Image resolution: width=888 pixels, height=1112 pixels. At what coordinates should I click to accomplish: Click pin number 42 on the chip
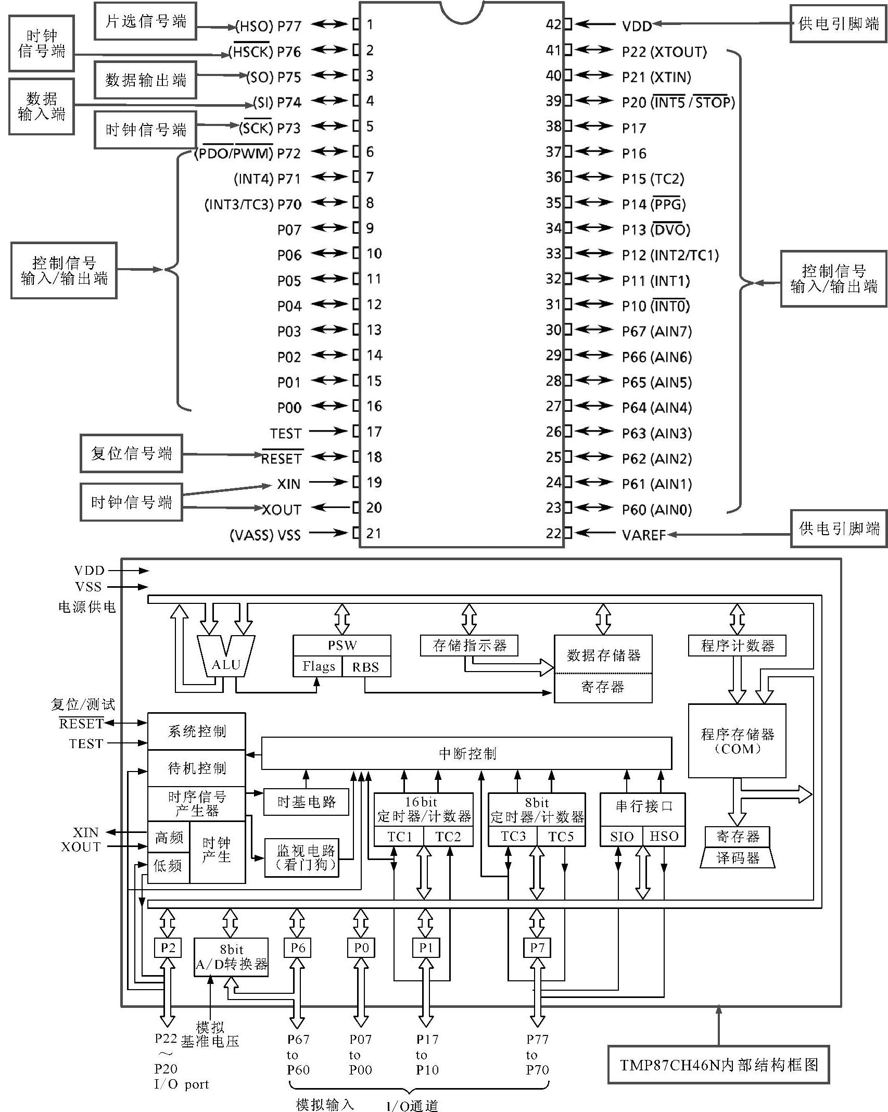pos(553,24)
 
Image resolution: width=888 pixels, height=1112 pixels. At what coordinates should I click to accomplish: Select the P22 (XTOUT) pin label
pos(664,52)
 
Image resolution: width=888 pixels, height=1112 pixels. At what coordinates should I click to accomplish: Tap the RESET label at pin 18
pos(282,458)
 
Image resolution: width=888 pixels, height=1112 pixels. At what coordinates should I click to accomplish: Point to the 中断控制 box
pos(466,753)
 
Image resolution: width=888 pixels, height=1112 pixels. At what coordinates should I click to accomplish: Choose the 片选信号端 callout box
pos(145,21)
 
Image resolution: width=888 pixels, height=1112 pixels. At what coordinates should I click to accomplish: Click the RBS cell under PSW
pos(365,667)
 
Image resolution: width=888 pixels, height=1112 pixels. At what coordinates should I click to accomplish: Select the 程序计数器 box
pos(737,646)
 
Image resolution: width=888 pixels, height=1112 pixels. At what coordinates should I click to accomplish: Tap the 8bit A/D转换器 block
pos(231,957)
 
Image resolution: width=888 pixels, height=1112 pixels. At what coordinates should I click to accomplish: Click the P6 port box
pos(297,947)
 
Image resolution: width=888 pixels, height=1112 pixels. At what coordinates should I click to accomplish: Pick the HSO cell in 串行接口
pos(664,836)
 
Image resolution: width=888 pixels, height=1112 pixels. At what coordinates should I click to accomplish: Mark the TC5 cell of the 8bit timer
pos(561,836)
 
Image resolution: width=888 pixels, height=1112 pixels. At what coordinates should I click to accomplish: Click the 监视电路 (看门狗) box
pos(306,857)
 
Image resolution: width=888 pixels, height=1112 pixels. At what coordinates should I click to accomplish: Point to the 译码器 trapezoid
pos(738,858)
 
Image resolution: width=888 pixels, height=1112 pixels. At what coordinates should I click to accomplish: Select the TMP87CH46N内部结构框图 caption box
pos(718,1065)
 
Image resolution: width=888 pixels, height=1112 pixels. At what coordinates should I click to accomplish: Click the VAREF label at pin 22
pos(644,535)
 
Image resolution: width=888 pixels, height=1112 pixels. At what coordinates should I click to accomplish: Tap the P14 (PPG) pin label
pos(654,204)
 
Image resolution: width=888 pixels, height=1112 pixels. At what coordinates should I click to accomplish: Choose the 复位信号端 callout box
pos(131,453)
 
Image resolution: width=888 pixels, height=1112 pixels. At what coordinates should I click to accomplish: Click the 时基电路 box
pos(306,802)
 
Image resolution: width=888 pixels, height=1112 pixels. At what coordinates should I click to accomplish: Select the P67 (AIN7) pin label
pos(656,331)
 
